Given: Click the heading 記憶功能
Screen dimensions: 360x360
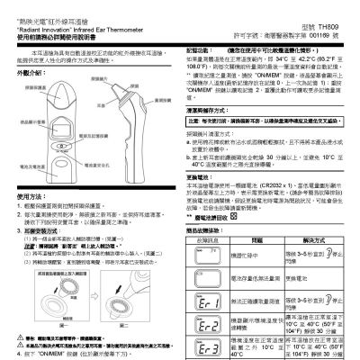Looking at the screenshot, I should click(x=199, y=53).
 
